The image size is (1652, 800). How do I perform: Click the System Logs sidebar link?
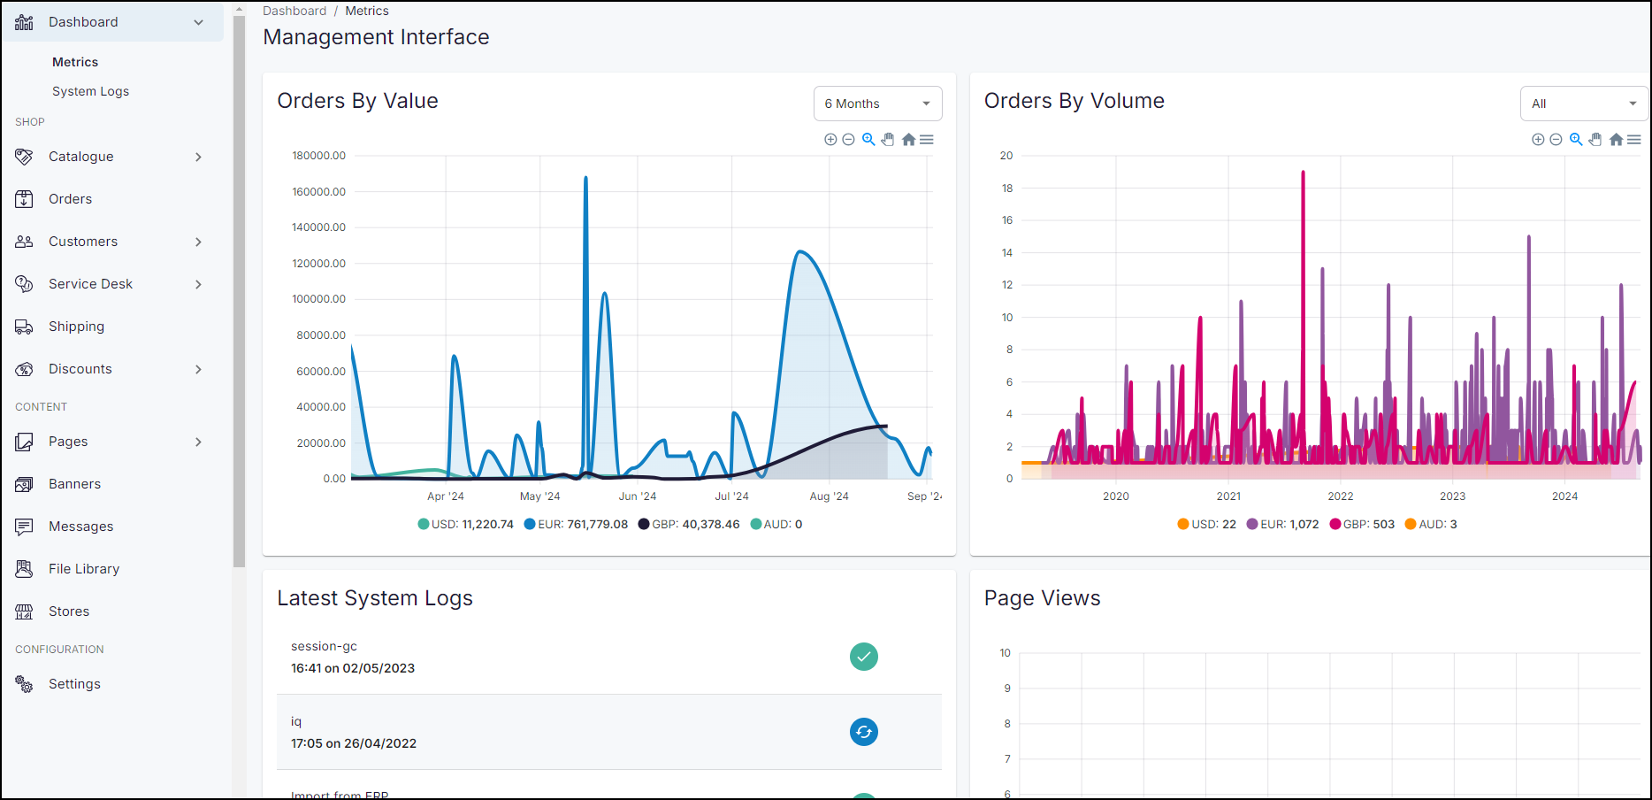tap(90, 91)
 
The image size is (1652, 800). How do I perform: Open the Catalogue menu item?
tap(81, 157)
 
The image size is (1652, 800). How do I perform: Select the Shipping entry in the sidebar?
tap(76, 327)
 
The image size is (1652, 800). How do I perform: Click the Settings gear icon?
tap(24, 684)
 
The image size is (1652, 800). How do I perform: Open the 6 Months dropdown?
tap(877, 104)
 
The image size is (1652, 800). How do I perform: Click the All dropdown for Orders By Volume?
tap(1583, 104)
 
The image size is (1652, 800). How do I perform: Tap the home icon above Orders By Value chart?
tap(908, 140)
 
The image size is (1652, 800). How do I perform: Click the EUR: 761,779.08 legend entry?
tap(576, 524)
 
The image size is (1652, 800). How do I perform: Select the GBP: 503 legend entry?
tap(1362, 524)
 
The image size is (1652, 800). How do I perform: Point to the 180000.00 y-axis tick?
tap(318, 156)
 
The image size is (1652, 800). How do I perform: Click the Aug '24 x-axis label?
tap(829, 496)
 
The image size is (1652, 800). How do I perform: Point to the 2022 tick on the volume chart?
tap(1340, 496)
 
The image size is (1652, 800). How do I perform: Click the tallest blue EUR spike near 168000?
tap(585, 181)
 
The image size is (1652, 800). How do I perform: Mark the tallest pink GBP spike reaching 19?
tap(1303, 175)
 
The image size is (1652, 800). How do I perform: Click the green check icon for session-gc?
tap(863, 657)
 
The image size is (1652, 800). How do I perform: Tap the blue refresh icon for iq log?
tap(863, 732)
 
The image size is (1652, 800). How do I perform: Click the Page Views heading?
tap(1042, 598)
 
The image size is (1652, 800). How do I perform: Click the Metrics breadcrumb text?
tap(366, 11)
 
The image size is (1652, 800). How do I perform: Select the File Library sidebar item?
tap(84, 569)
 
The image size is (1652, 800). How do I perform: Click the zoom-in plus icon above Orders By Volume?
tap(1538, 140)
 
